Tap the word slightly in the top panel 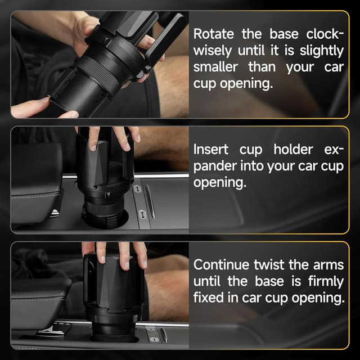click(321, 51)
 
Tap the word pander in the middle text click(216, 167)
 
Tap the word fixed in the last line click(209, 298)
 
